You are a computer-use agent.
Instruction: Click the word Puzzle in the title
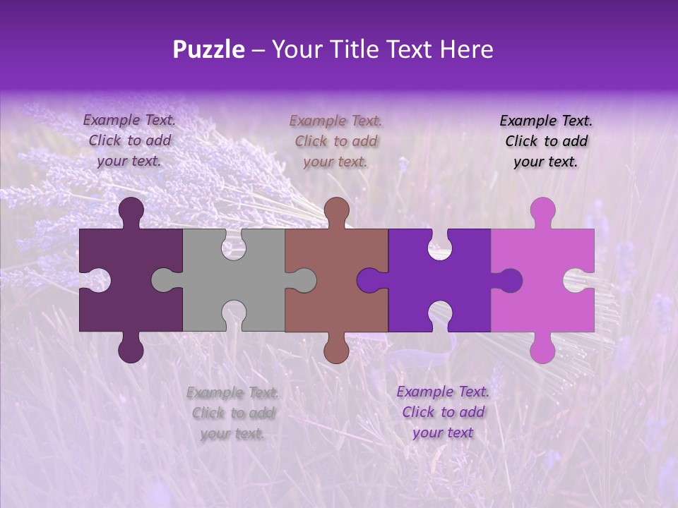pyautogui.click(x=208, y=50)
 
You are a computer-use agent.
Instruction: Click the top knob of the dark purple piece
pyautogui.click(x=131, y=211)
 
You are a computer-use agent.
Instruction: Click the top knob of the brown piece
pyautogui.click(x=336, y=211)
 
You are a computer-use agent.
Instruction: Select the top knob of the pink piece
pyautogui.click(x=542, y=211)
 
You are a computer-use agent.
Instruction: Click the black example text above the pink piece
pyautogui.click(x=546, y=141)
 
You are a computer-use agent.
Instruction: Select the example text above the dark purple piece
pyautogui.click(x=129, y=140)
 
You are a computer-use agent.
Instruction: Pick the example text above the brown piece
pyautogui.click(x=335, y=141)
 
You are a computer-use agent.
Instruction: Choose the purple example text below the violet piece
pyautogui.click(x=443, y=412)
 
